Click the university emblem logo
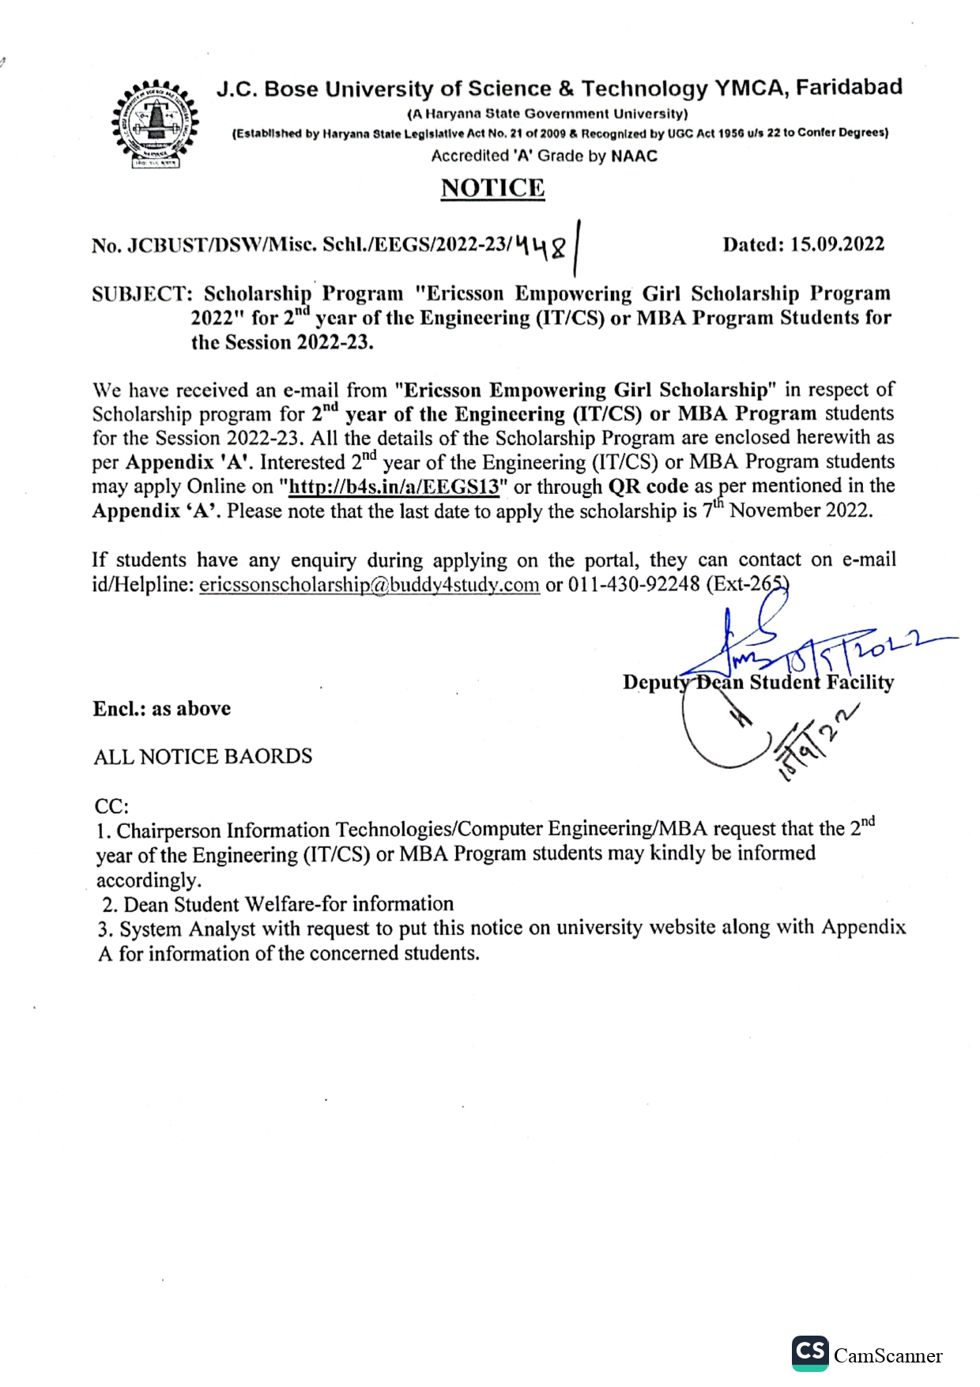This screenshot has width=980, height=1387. coord(155,123)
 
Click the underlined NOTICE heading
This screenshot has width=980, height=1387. coord(492,188)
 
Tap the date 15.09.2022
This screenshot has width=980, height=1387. coord(837,244)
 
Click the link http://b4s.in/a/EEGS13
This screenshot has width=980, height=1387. coord(394,487)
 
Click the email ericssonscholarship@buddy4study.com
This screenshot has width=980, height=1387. coord(369,585)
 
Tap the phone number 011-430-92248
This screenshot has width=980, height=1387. coord(634,585)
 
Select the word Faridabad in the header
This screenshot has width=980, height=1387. coord(849,87)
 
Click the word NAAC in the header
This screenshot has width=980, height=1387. coord(634,156)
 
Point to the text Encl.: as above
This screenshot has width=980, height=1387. coord(162,708)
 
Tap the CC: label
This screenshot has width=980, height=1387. coord(111,806)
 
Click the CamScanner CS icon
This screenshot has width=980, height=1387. coord(810,1352)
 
